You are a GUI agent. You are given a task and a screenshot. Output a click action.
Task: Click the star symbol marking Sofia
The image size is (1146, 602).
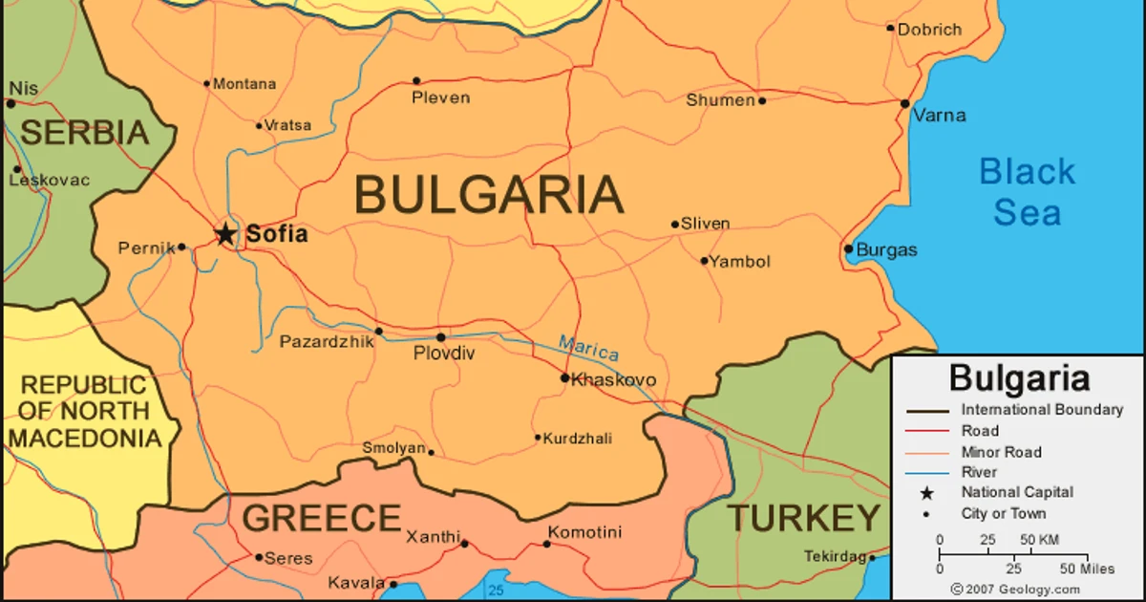click(x=224, y=233)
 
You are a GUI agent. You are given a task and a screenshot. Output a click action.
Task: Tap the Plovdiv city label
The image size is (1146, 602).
click(x=443, y=355)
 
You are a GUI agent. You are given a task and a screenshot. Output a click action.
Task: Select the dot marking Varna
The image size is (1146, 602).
click(x=905, y=103)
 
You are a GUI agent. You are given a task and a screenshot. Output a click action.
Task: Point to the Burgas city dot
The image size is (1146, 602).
click(x=848, y=249)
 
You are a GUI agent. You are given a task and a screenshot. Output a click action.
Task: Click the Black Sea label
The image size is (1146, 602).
click(x=1027, y=192)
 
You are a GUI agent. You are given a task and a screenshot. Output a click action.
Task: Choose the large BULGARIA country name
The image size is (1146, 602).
click(x=489, y=195)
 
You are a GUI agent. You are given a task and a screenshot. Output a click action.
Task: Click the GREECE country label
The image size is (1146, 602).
click(x=321, y=519)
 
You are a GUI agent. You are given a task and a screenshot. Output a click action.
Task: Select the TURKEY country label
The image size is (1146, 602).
click(x=804, y=519)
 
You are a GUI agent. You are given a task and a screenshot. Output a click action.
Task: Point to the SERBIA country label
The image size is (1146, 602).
click(x=85, y=133)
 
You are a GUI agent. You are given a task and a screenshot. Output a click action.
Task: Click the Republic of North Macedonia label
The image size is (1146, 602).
click(x=85, y=412)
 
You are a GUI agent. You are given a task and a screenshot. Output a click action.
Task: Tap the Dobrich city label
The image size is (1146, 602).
click(x=929, y=30)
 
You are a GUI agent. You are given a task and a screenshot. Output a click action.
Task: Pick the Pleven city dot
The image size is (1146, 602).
click(x=416, y=81)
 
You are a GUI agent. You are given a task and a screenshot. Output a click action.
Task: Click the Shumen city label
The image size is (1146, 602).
click(x=720, y=100)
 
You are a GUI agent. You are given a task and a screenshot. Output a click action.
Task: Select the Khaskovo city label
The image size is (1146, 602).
click(x=613, y=380)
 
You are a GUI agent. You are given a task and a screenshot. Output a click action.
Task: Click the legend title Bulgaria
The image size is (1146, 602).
click(x=1019, y=378)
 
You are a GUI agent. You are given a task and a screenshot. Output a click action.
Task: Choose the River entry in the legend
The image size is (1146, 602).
click(x=979, y=472)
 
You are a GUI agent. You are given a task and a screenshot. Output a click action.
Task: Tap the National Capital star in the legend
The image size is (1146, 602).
click(x=925, y=493)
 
